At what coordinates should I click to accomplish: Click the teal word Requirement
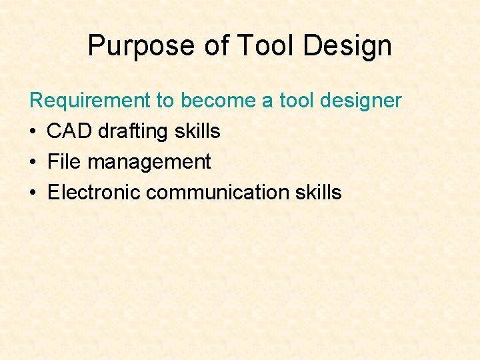tap(91, 101)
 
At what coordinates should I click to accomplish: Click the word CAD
tap(70, 131)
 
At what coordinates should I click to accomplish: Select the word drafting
tap(135, 131)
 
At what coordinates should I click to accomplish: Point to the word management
tap(149, 162)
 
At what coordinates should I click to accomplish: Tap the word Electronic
tap(94, 193)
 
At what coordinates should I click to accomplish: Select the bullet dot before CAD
tap(34, 132)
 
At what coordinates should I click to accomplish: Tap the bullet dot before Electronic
tap(34, 193)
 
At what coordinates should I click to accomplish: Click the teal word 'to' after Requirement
tap(165, 101)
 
